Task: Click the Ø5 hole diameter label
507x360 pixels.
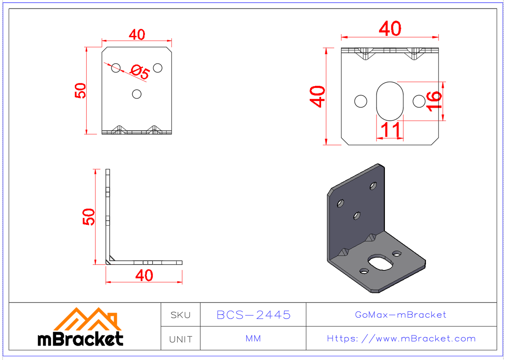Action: click(x=140, y=73)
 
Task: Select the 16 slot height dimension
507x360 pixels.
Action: click(x=434, y=101)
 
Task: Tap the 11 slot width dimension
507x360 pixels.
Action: click(x=390, y=131)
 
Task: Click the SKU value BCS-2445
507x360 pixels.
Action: click(x=253, y=315)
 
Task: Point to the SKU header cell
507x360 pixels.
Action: click(x=180, y=315)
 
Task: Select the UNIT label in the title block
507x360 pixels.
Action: click(x=180, y=339)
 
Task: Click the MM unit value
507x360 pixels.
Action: click(x=253, y=339)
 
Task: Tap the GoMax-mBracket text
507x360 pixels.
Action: click(x=401, y=315)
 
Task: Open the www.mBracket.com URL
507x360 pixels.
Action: click(x=401, y=339)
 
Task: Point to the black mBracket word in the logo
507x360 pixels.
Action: click(x=80, y=339)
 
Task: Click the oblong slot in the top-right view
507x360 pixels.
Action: click(x=390, y=101)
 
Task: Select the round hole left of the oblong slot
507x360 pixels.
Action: click(x=361, y=101)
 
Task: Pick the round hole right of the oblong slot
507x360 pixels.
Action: click(x=419, y=101)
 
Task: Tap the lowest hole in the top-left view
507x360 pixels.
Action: click(x=136, y=94)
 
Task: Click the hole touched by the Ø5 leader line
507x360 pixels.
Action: click(x=116, y=68)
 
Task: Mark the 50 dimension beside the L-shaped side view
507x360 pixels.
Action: click(x=88, y=217)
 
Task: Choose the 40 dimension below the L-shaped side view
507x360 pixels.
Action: click(x=144, y=275)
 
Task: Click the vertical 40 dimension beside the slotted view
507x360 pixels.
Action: click(x=317, y=96)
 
